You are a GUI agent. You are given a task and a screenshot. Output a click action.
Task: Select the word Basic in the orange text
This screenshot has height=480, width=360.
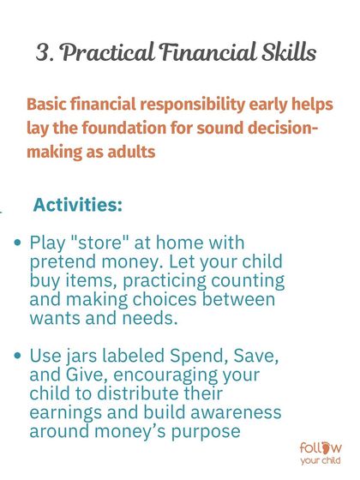(x=48, y=105)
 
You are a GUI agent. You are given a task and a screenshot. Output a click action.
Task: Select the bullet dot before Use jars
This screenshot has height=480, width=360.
(x=19, y=355)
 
